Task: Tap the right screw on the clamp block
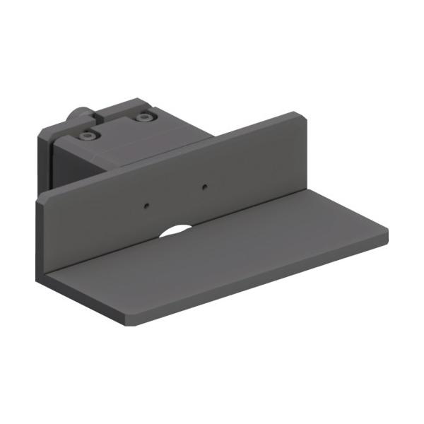[145, 117]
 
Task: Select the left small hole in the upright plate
[146, 206]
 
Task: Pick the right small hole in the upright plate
[204, 187]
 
